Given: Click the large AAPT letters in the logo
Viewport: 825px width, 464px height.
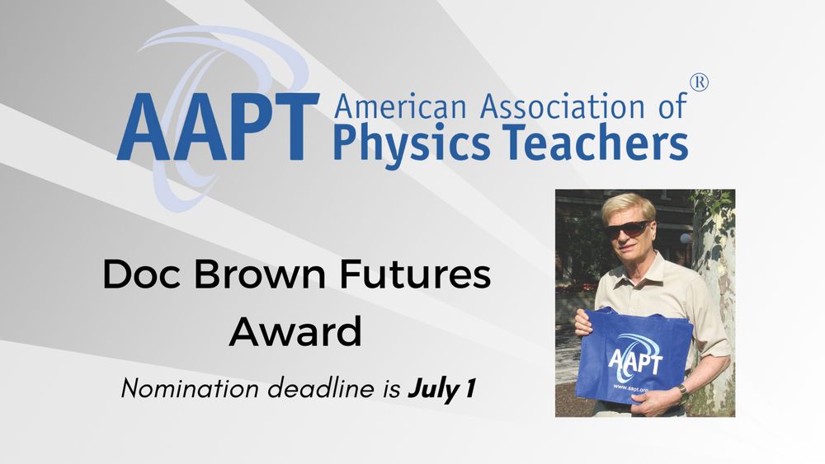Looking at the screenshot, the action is pyautogui.click(x=219, y=127).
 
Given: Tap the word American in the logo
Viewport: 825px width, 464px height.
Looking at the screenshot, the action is pyautogui.click(x=400, y=105).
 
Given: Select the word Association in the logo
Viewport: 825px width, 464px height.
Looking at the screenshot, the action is pyautogui.click(x=562, y=105).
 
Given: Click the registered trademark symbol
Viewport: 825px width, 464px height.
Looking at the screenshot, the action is pyautogui.click(x=700, y=82).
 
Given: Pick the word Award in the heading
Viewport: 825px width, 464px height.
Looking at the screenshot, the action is pyautogui.click(x=295, y=332).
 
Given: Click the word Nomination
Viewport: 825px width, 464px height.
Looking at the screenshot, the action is pyautogui.click(x=190, y=389).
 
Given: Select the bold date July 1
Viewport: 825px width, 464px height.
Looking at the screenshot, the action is pyautogui.click(x=442, y=389).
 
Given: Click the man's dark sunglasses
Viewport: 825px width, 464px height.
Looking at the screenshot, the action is pyautogui.click(x=629, y=228).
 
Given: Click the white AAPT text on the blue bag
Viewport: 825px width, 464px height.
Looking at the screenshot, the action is pyautogui.click(x=635, y=362).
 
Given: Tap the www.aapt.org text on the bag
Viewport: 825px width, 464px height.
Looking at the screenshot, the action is pyautogui.click(x=629, y=388).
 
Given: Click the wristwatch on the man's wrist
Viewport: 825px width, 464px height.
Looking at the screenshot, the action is pyautogui.click(x=682, y=389).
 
